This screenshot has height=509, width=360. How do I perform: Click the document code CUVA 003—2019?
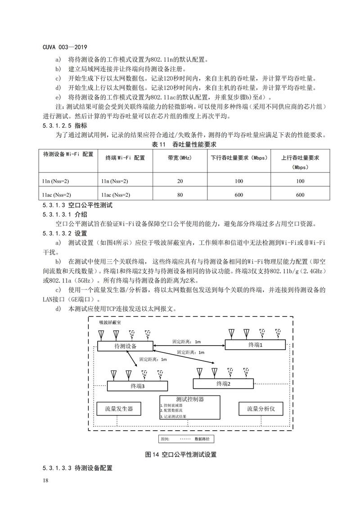65,47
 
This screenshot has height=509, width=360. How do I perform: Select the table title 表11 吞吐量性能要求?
180,144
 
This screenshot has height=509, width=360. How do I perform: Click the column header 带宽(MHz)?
180,158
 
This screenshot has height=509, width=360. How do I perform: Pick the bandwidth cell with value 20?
180,181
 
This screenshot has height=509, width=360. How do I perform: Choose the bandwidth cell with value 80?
180,195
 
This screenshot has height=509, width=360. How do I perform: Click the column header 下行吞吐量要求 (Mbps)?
239,158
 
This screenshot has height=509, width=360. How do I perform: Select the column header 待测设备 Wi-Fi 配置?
68,154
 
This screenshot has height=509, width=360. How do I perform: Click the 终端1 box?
255,344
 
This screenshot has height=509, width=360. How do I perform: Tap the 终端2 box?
223,383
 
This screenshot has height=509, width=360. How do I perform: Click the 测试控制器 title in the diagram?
190,399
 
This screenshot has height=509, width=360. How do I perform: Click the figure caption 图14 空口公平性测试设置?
181,455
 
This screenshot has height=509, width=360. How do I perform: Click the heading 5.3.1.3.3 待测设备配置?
77,468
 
